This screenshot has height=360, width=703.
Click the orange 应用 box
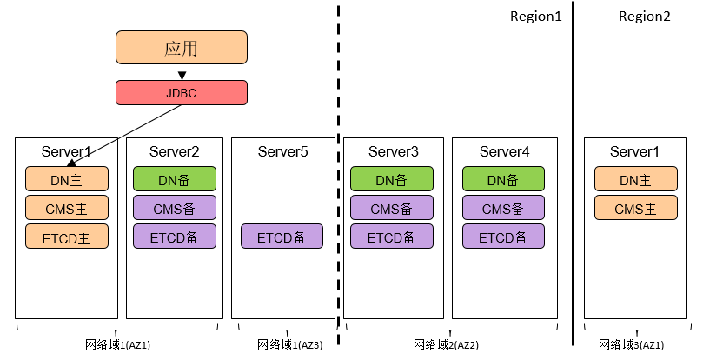tap(182, 48)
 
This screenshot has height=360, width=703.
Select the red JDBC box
tap(182, 92)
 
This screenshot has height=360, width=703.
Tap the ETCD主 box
tap(66, 236)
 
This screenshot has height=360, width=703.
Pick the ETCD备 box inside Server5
tap(282, 236)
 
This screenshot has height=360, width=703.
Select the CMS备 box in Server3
tap(391, 208)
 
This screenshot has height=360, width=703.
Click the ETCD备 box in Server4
tap(503, 236)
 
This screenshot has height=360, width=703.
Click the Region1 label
tap(536, 17)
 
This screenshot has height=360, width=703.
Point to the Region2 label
tap(644, 17)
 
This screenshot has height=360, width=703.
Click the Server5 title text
tap(282, 152)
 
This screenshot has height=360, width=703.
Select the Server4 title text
tap(504, 152)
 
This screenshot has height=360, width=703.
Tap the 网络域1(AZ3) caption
tap(289, 345)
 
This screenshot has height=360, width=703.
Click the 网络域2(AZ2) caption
tap(446, 345)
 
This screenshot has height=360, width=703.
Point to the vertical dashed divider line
tap(338, 174)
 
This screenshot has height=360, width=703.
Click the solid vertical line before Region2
tap(573, 174)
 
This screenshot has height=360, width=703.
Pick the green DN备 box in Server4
tap(503, 180)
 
